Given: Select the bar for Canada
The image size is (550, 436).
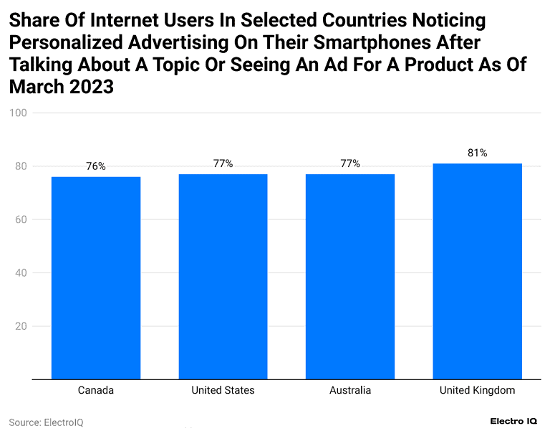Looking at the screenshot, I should click(96, 278).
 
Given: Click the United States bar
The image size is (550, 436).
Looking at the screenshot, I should click(223, 276).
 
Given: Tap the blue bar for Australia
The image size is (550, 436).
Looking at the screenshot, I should click(350, 276).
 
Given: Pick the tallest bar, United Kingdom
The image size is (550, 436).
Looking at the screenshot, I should click(477, 271).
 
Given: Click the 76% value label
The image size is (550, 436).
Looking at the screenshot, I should click(96, 166).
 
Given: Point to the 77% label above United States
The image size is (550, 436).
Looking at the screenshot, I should click(223, 163).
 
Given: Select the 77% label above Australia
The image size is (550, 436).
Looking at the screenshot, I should click(350, 163).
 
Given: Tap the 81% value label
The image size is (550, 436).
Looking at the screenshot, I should click(477, 153).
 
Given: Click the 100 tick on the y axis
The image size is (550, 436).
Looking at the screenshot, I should click(19, 113).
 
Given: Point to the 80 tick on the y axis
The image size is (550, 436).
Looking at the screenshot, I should click(21, 166).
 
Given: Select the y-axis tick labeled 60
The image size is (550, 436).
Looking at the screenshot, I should click(21, 219).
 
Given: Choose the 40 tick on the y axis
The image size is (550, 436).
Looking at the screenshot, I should click(21, 273).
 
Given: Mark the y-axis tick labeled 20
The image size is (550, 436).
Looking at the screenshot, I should click(21, 326).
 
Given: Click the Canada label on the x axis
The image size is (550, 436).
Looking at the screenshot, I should click(96, 391).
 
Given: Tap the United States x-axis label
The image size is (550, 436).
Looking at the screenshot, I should click(223, 391).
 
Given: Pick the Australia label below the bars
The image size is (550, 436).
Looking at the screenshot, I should click(350, 391).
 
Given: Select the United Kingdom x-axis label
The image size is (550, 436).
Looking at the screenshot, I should click(477, 391).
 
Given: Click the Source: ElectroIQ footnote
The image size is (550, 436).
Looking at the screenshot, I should click(46, 422).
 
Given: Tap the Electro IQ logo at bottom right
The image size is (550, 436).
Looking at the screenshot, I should click(514, 422).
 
